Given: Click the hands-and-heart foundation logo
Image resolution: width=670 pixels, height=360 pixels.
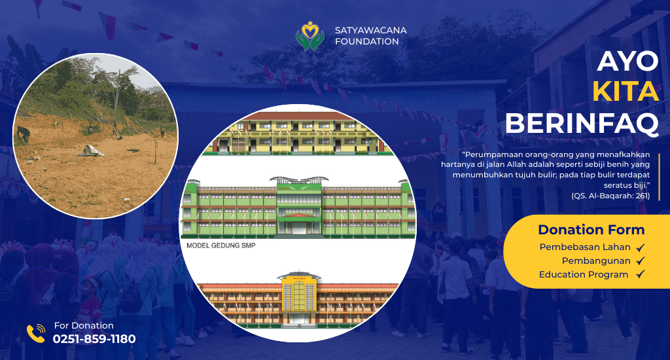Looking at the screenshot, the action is (x=309, y=36).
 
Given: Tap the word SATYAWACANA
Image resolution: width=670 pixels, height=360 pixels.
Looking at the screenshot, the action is (x=370, y=30).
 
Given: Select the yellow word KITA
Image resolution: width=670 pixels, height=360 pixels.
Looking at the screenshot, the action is (x=626, y=92).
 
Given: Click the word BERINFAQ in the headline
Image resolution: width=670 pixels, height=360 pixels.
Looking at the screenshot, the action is (x=582, y=123).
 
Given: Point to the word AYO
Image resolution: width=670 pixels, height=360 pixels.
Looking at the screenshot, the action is (x=627, y=61).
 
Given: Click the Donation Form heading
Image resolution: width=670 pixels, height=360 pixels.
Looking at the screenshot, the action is (x=591, y=230).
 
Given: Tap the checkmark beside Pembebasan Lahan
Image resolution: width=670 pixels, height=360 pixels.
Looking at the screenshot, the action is (x=640, y=247).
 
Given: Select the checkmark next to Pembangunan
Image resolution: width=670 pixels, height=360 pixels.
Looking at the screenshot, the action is (x=640, y=261).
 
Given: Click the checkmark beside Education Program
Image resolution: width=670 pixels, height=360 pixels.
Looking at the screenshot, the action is (x=640, y=274).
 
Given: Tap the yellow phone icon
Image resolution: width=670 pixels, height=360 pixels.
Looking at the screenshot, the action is (x=36, y=334).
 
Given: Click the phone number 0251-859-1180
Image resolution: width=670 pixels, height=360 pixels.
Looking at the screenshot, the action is (x=94, y=339).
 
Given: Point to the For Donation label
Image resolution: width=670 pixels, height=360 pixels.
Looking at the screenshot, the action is (x=84, y=325).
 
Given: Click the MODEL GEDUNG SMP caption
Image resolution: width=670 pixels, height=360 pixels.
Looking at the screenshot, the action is (x=221, y=245).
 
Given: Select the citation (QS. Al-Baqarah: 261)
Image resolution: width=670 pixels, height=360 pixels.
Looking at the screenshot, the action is (x=610, y=196).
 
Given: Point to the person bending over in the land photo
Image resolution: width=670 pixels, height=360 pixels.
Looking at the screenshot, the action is (x=23, y=134).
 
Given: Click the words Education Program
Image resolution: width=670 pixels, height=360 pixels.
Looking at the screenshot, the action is (x=583, y=274).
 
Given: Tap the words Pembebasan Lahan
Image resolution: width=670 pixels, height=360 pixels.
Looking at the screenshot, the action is (x=584, y=247).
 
